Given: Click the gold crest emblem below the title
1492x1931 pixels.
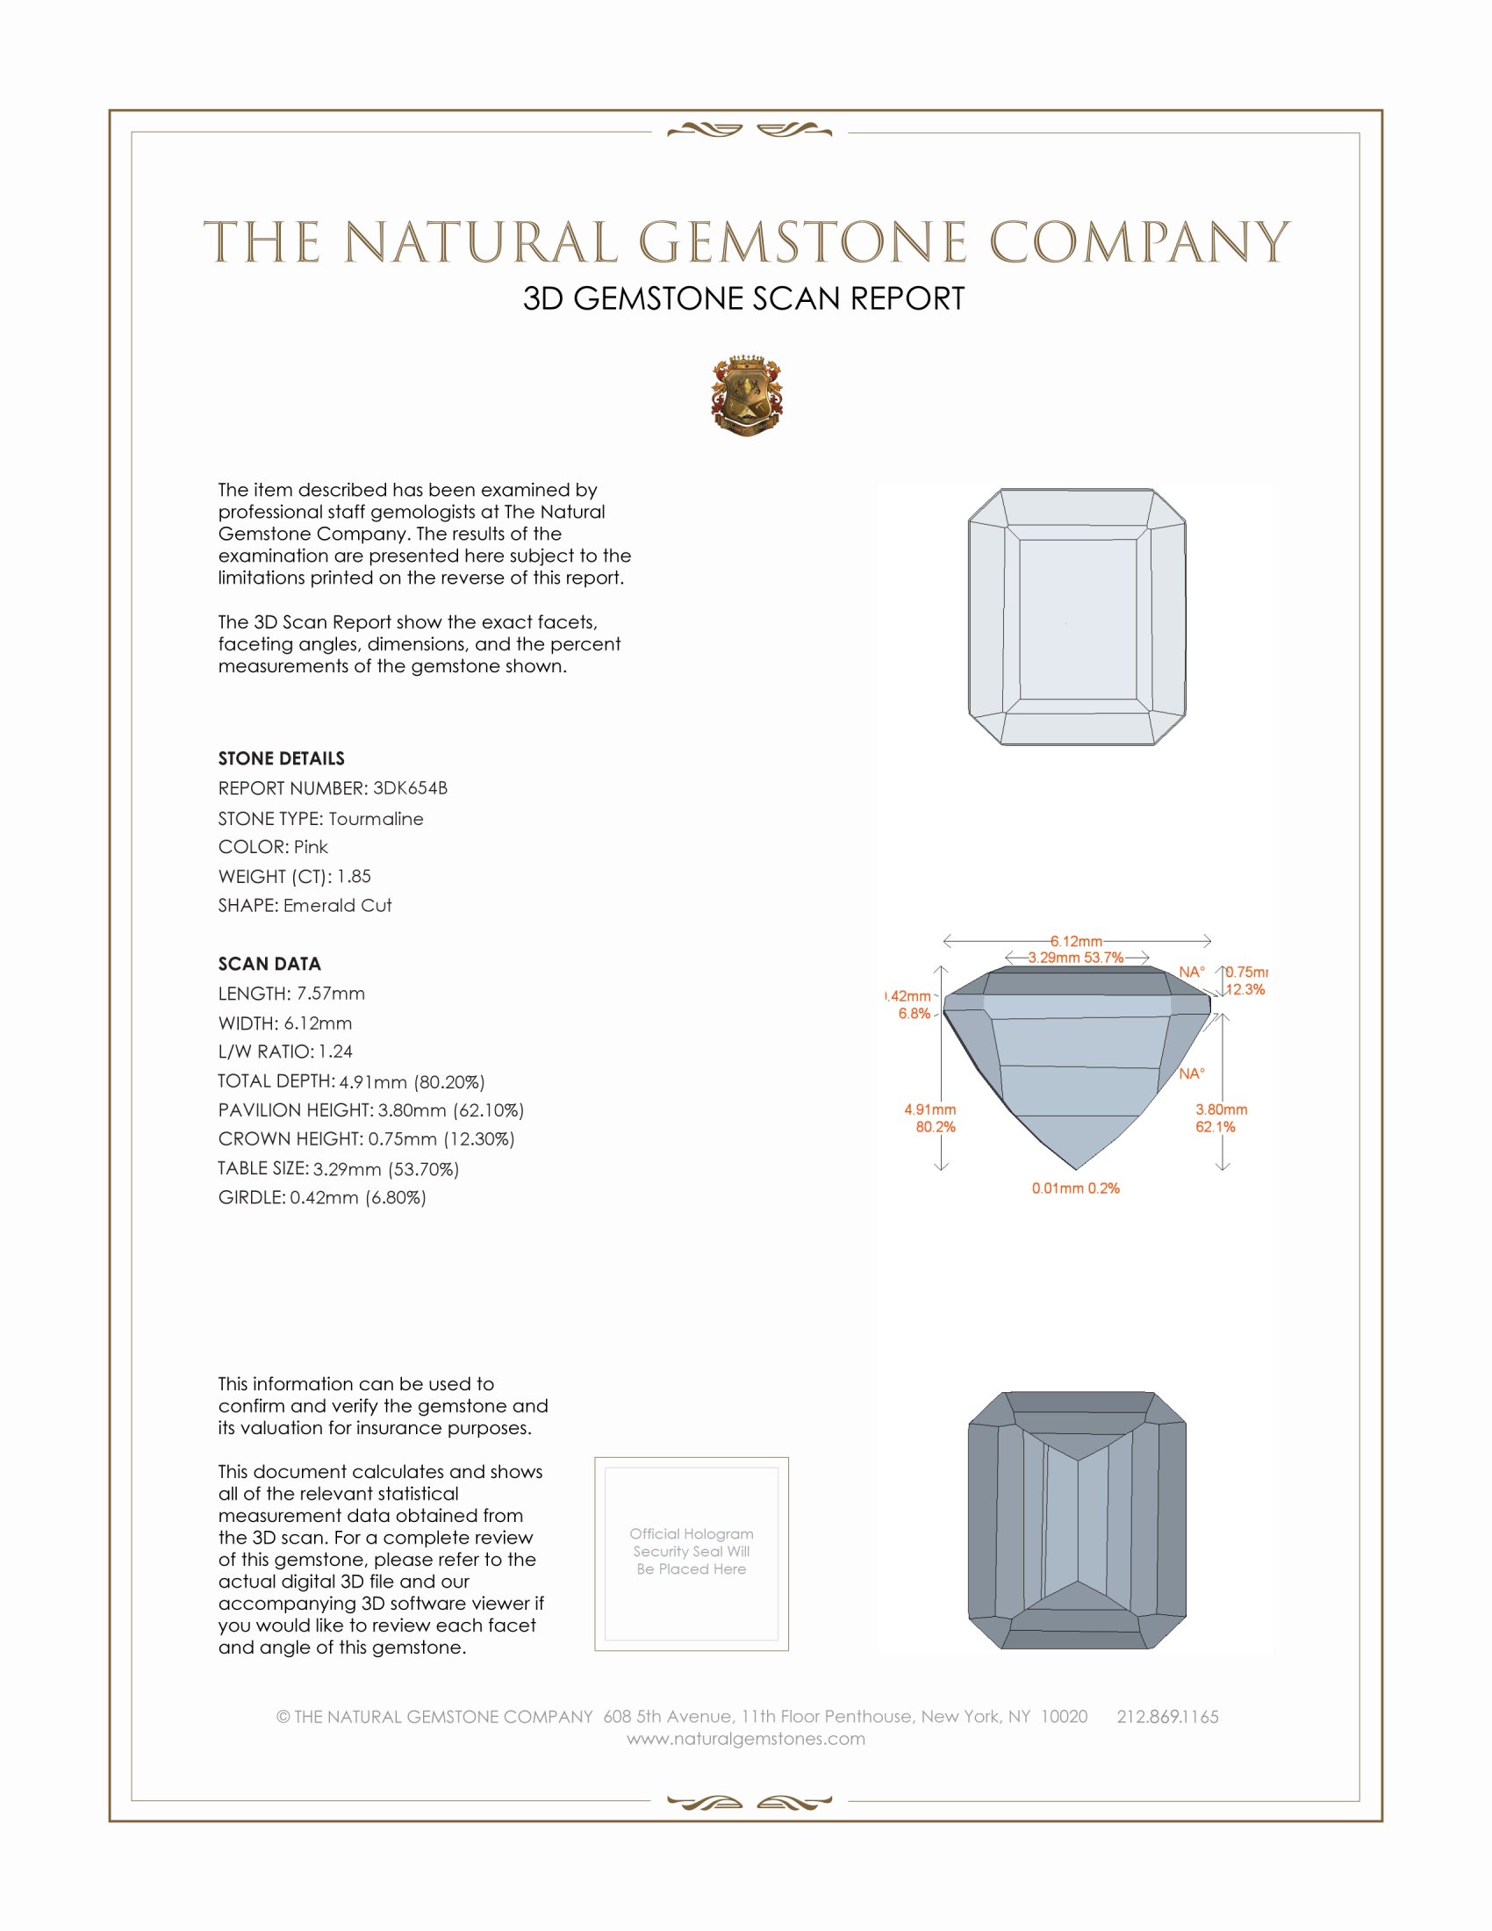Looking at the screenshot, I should click(x=747, y=396).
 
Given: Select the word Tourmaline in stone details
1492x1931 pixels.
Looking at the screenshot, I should click(x=376, y=819).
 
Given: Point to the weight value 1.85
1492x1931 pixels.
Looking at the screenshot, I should click(x=354, y=876).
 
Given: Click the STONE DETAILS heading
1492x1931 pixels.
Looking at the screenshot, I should click(x=281, y=758).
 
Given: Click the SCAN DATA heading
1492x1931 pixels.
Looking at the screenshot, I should click(x=269, y=964).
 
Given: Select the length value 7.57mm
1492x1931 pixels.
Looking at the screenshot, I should click(x=331, y=994).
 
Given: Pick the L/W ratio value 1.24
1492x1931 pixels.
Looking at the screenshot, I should click(x=336, y=1052).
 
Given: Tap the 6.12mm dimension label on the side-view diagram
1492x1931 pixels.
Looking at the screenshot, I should click(x=1076, y=942).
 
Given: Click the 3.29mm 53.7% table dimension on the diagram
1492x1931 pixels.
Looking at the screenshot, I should click(x=1076, y=958).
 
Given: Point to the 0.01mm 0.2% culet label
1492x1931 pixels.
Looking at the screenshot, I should click(x=1076, y=1188).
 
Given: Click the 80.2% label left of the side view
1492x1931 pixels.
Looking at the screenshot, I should click(x=936, y=1127).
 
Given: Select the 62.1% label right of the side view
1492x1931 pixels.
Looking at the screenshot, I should click(x=1216, y=1127).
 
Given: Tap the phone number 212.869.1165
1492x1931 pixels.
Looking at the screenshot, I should click(x=1167, y=1717).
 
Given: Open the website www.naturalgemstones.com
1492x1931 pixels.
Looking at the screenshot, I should click(x=746, y=1739).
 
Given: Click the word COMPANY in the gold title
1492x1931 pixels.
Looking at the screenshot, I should click(x=1139, y=243).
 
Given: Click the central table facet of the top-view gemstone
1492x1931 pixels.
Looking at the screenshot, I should click(x=1077, y=619).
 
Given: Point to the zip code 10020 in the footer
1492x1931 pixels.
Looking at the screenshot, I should click(x=1065, y=1717).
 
